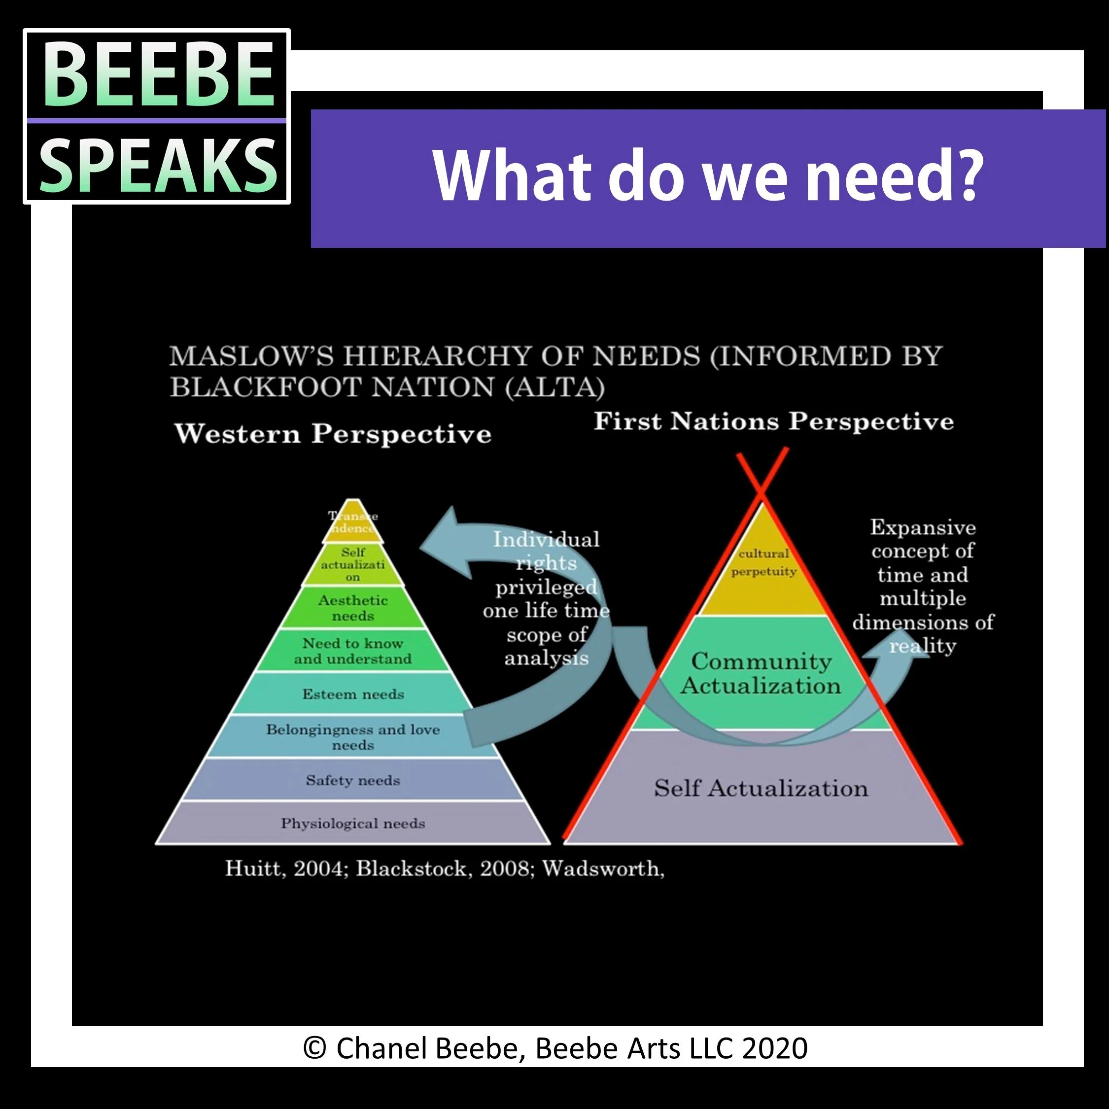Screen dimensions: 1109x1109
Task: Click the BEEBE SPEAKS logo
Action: pos(156,116)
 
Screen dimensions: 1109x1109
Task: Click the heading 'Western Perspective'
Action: pos(333,434)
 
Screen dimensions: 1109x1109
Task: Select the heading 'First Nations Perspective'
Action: pos(773,421)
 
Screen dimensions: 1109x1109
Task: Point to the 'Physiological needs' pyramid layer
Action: pos(352,824)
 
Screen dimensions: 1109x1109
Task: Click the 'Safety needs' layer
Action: pos(352,780)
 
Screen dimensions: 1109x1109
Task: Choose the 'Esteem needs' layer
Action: pos(352,694)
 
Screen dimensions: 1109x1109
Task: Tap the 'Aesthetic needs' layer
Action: pos(352,608)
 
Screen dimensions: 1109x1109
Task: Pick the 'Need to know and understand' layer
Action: pos(352,651)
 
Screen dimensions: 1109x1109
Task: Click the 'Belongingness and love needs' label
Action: pos(352,737)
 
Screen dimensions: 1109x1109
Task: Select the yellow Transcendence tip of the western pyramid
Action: pos(352,522)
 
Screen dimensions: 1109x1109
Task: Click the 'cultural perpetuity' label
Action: pos(763,562)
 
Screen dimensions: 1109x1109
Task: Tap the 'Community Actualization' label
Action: pos(761,673)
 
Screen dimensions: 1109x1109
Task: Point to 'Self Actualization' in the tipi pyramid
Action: pos(761,788)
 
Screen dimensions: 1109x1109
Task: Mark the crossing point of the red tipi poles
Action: pos(762,491)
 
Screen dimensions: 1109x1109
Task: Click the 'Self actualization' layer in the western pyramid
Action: pos(352,565)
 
